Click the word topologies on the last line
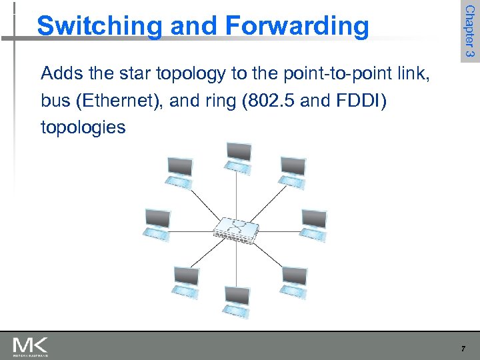coord(83,127)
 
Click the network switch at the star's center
coord(237,230)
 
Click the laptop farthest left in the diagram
coord(157,223)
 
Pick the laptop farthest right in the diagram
coord(313,223)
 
